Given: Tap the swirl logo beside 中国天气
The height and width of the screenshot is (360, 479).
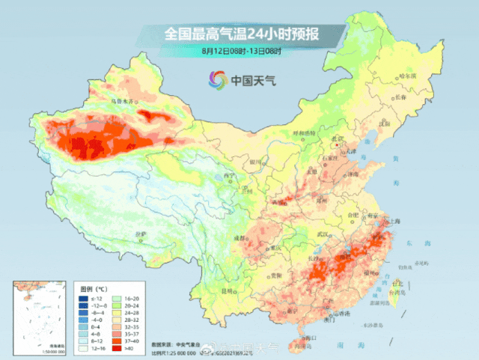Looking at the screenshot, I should pos(218,79).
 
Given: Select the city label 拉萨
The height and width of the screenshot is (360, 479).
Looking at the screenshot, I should pos(140,235).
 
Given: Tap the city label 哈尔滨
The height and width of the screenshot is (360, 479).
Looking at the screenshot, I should pos(427,76).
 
